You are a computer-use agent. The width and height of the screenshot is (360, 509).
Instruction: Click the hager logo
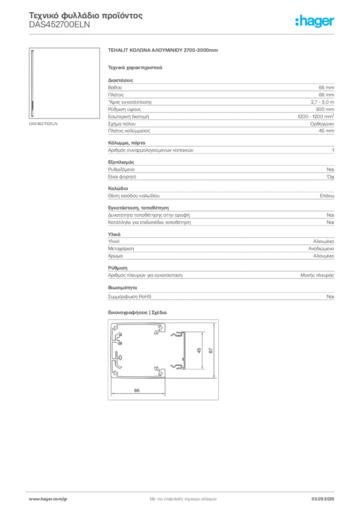point(315,21)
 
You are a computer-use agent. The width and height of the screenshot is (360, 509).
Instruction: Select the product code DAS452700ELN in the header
point(59,25)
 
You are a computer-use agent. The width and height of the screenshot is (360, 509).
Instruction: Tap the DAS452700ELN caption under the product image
point(43,124)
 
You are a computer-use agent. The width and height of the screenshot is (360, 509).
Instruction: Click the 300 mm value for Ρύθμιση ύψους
point(325,109)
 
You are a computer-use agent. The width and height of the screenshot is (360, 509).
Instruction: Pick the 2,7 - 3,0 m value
point(322,102)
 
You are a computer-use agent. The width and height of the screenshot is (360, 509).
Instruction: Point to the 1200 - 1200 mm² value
point(316,116)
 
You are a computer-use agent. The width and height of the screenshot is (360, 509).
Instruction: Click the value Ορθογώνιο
point(322,124)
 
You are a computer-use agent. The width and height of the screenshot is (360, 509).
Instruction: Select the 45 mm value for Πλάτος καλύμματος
point(326,131)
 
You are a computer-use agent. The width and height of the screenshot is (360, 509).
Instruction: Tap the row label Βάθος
point(115,87)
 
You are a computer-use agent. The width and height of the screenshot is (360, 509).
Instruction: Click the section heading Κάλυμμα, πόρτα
point(127,143)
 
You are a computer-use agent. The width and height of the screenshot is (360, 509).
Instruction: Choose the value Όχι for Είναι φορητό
point(331,177)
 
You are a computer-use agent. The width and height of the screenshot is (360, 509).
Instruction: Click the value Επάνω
point(327,196)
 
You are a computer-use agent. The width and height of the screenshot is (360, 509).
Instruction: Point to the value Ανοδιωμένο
point(321,249)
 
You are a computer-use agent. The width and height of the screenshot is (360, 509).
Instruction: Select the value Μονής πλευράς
point(317,275)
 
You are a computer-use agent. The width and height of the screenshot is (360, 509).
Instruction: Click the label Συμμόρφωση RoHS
point(129,297)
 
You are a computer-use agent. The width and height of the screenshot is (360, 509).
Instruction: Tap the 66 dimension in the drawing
point(137,391)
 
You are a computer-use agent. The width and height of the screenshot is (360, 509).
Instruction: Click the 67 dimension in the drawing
point(211,350)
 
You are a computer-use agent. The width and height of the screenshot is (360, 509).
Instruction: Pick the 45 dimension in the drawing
point(199,350)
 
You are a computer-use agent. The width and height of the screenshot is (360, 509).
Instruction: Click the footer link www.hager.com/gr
point(48,499)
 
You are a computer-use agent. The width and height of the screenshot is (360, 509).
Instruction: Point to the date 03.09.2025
point(323,499)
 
